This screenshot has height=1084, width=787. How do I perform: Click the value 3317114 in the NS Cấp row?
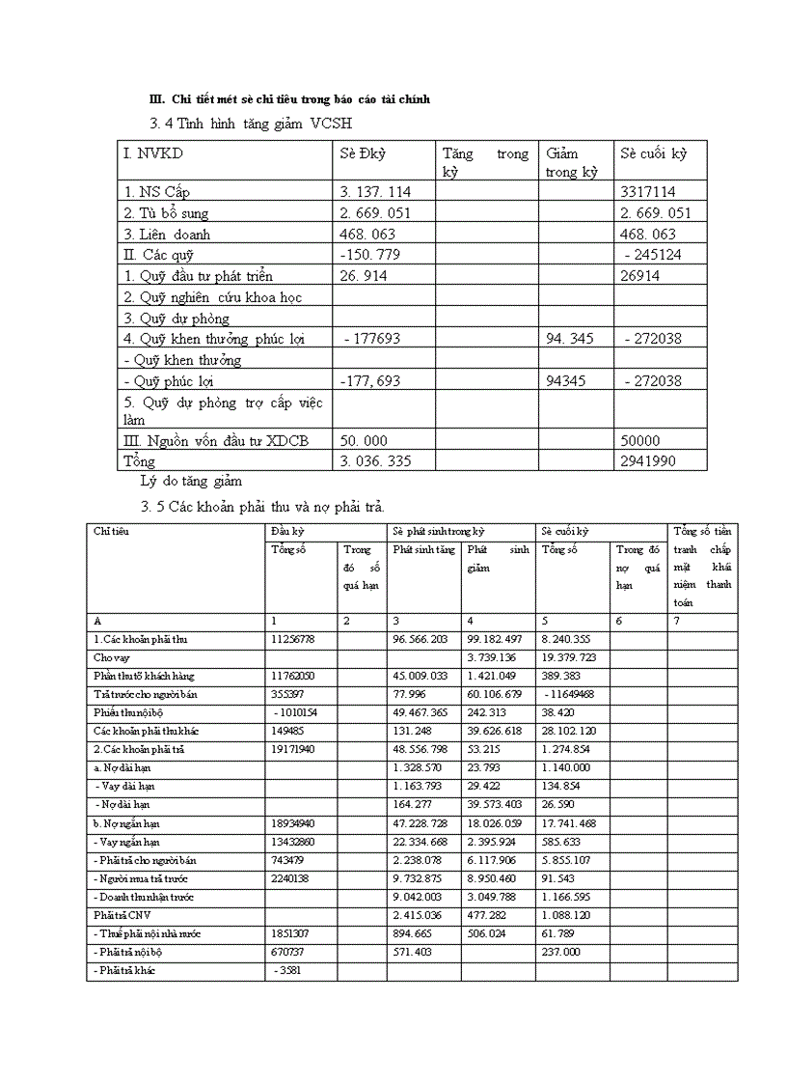click(x=648, y=192)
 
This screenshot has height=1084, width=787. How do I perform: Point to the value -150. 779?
click(x=371, y=255)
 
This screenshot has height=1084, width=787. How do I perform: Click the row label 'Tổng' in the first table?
click(x=139, y=461)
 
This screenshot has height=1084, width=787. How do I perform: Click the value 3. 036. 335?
click(x=375, y=461)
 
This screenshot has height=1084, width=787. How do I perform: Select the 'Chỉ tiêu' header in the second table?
click(x=112, y=532)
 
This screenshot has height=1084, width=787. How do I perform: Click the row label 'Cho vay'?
click(x=110, y=657)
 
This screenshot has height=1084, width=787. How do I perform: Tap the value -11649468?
click(x=572, y=694)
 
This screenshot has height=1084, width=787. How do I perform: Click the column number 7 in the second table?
click(x=676, y=622)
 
